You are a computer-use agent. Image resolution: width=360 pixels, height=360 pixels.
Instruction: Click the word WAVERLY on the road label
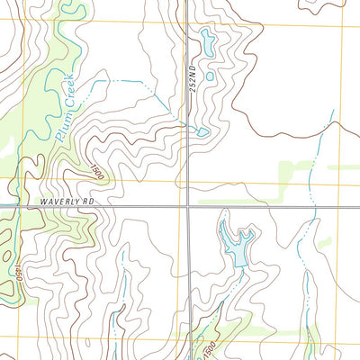click(x=58, y=202)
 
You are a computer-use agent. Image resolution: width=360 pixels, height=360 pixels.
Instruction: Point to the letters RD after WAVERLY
click(x=88, y=202)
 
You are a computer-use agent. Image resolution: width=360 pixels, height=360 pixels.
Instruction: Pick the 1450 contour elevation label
click(x=15, y=265)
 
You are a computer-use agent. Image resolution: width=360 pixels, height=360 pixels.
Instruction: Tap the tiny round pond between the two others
click(x=210, y=76)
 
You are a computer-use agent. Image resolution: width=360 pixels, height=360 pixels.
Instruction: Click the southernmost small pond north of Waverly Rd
click(x=203, y=132)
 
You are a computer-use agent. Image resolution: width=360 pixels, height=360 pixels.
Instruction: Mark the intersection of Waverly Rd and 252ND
click(x=187, y=206)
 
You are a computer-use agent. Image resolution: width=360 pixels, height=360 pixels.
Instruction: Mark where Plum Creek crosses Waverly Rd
click(x=15, y=206)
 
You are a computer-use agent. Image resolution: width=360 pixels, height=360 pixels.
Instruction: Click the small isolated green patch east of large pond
click(x=325, y=242)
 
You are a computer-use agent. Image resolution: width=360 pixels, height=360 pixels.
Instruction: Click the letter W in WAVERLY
click(x=42, y=202)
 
